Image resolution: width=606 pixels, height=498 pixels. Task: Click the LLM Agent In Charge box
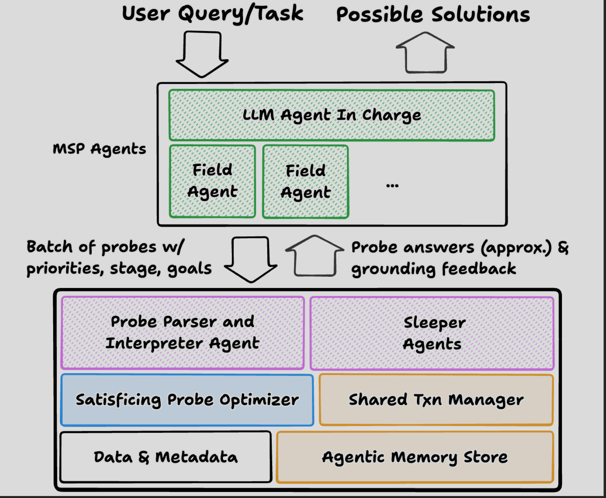(332, 115)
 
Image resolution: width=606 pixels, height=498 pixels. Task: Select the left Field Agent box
(212, 181)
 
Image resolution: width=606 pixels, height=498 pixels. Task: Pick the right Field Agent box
(305, 181)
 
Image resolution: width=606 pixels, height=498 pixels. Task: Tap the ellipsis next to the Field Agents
(392, 185)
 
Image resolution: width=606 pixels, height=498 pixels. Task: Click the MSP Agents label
(100, 149)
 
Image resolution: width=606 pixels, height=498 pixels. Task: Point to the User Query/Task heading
(213, 14)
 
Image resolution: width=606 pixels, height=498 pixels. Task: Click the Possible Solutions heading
(433, 15)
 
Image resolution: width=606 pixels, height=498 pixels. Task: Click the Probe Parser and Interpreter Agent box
(182, 333)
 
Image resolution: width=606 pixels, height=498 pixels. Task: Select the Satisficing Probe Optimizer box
(187, 400)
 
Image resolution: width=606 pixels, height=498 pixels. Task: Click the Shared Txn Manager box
(436, 400)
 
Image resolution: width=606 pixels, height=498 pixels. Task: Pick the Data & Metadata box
(166, 457)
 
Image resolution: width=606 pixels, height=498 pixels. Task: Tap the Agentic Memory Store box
(415, 457)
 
